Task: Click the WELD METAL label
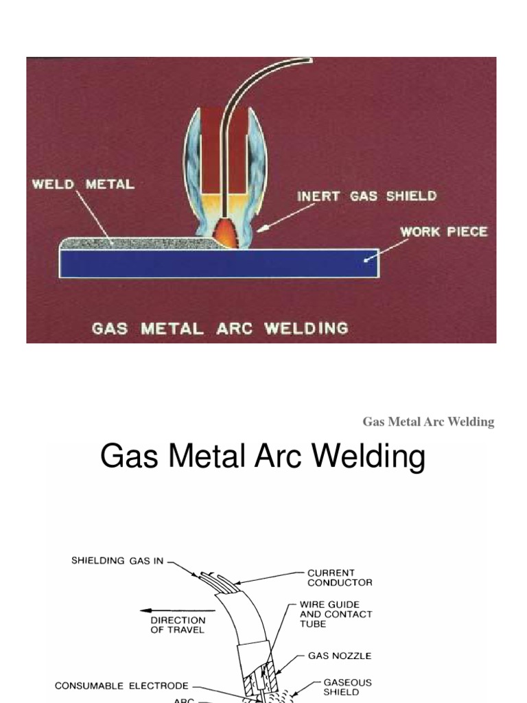click(82, 185)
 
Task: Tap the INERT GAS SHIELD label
click(366, 196)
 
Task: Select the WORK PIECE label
click(443, 231)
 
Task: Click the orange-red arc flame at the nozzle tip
click(228, 234)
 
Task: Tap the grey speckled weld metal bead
click(137, 242)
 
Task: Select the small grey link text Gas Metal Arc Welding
click(428, 422)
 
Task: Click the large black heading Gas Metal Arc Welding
click(262, 457)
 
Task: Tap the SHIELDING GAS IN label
click(117, 561)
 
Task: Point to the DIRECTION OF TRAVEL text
click(177, 625)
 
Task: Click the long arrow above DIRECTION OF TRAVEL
click(168, 608)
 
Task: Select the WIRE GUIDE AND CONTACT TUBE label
click(336, 614)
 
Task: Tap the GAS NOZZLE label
click(339, 656)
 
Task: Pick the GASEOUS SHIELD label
click(347, 687)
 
